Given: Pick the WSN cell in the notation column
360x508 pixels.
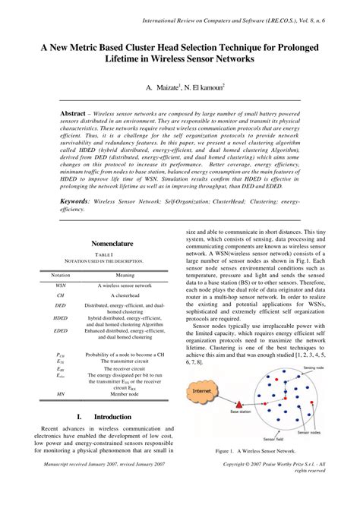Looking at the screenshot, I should tap(61, 286).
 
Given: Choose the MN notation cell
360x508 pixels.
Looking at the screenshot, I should tap(61, 393).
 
